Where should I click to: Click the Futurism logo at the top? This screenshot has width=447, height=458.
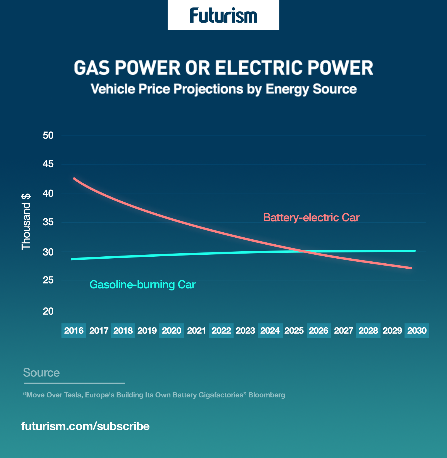[223, 15]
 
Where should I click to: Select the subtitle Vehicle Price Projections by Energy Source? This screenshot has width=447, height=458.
[224, 89]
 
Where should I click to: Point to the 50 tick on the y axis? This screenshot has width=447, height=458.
[48, 135]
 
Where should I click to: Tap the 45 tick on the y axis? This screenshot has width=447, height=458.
[48, 164]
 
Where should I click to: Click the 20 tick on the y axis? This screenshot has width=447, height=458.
[48, 311]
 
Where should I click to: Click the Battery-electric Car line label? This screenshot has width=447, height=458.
[311, 218]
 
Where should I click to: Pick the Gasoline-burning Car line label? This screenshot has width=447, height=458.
[142, 285]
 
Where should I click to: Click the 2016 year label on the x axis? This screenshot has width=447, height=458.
[74, 331]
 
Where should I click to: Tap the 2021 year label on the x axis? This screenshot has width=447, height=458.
[196, 331]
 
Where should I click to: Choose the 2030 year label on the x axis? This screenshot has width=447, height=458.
[417, 331]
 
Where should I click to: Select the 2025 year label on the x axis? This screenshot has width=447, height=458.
[294, 331]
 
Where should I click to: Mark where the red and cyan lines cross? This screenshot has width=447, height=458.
[305, 251]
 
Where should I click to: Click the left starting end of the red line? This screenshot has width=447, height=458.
[74, 178]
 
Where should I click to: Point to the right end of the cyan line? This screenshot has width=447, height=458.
[415, 251]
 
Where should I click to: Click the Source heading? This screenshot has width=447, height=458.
[41, 373]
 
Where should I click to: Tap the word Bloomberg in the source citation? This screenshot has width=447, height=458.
[267, 395]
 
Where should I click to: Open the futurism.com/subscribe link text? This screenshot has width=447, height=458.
[85, 426]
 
